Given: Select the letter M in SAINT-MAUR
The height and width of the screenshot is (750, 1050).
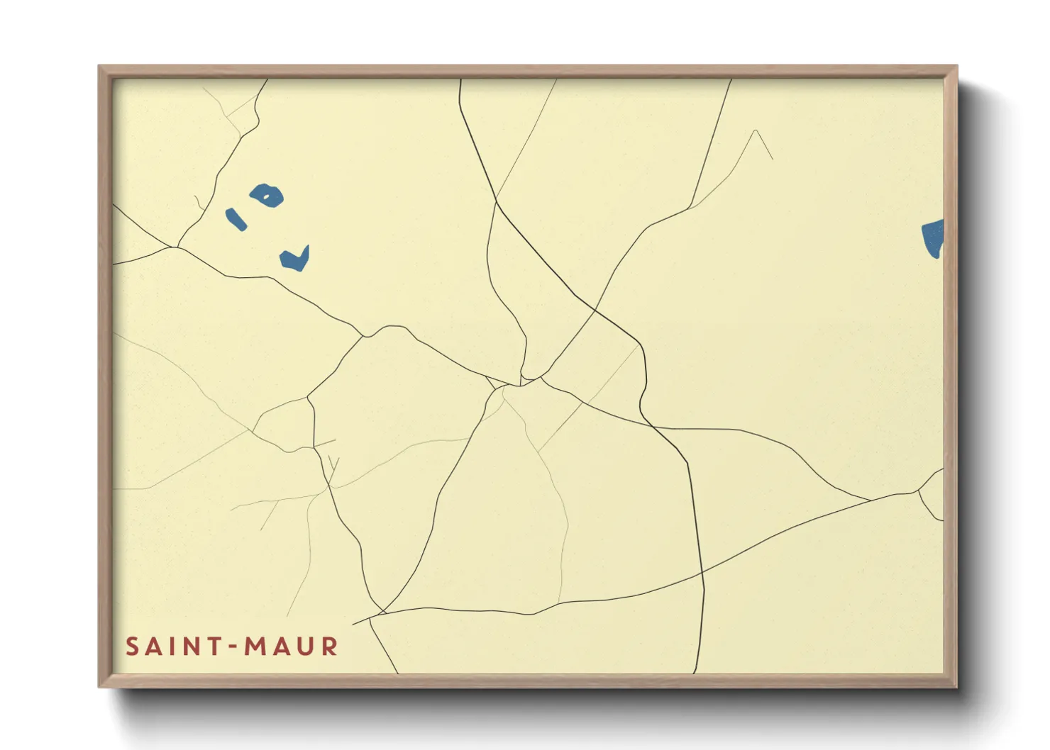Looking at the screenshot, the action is [x=257, y=647].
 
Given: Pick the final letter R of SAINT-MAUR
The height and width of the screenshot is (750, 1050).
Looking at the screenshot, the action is [x=329, y=647].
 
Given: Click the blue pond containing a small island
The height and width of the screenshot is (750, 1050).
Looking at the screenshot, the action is [x=267, y=195].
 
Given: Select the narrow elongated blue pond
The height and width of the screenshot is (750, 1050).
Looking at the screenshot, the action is [x=236, y=219].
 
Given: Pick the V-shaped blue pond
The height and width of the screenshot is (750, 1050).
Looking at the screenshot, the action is [x=294, y=259].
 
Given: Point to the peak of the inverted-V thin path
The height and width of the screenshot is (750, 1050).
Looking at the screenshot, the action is [x=756, y=130].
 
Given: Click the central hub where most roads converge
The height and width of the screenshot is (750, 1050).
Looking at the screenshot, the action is [x=521, y=384].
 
